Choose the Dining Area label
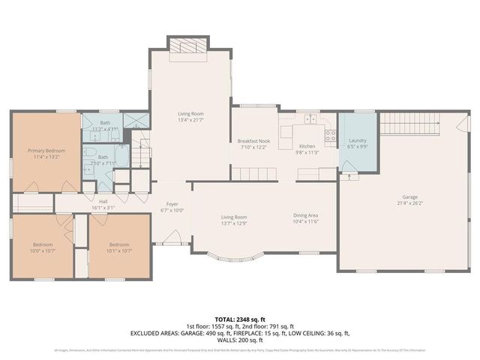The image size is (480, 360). coord(306,217)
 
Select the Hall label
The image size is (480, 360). coord(104,201)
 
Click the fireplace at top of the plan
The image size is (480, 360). coord(183,46)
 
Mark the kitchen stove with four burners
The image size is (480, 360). coord(330,136)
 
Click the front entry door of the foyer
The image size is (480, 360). coord(171,243)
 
